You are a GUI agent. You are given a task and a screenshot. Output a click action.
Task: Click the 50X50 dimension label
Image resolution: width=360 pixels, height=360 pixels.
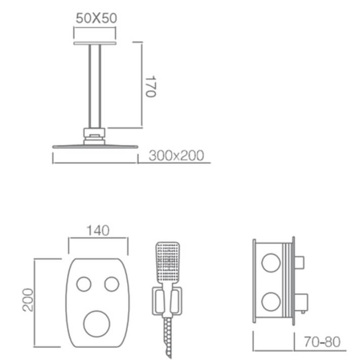click(97, 18)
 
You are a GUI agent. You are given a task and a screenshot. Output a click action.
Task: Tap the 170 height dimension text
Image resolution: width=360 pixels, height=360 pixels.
click(151, 86)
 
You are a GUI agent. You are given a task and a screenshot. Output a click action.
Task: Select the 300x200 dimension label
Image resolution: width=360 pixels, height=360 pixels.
click(176, 155)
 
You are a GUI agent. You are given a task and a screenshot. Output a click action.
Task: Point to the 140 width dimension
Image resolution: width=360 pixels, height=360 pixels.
click(98, 231)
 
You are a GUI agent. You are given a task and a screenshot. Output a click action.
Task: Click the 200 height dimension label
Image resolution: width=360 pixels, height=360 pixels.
click(28, 300)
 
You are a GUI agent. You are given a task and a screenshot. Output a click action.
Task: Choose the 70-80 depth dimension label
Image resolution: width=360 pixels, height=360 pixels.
click(322, 342)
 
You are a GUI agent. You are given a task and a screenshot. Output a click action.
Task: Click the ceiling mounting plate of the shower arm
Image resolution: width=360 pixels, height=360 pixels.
click(95, 43)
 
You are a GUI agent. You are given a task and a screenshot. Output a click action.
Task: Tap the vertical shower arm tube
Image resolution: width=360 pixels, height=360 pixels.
click(95, 86)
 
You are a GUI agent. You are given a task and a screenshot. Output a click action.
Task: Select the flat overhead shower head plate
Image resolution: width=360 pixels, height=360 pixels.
click(95, 147)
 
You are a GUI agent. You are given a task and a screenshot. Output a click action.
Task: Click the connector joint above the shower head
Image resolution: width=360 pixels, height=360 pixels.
click(95, 137)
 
